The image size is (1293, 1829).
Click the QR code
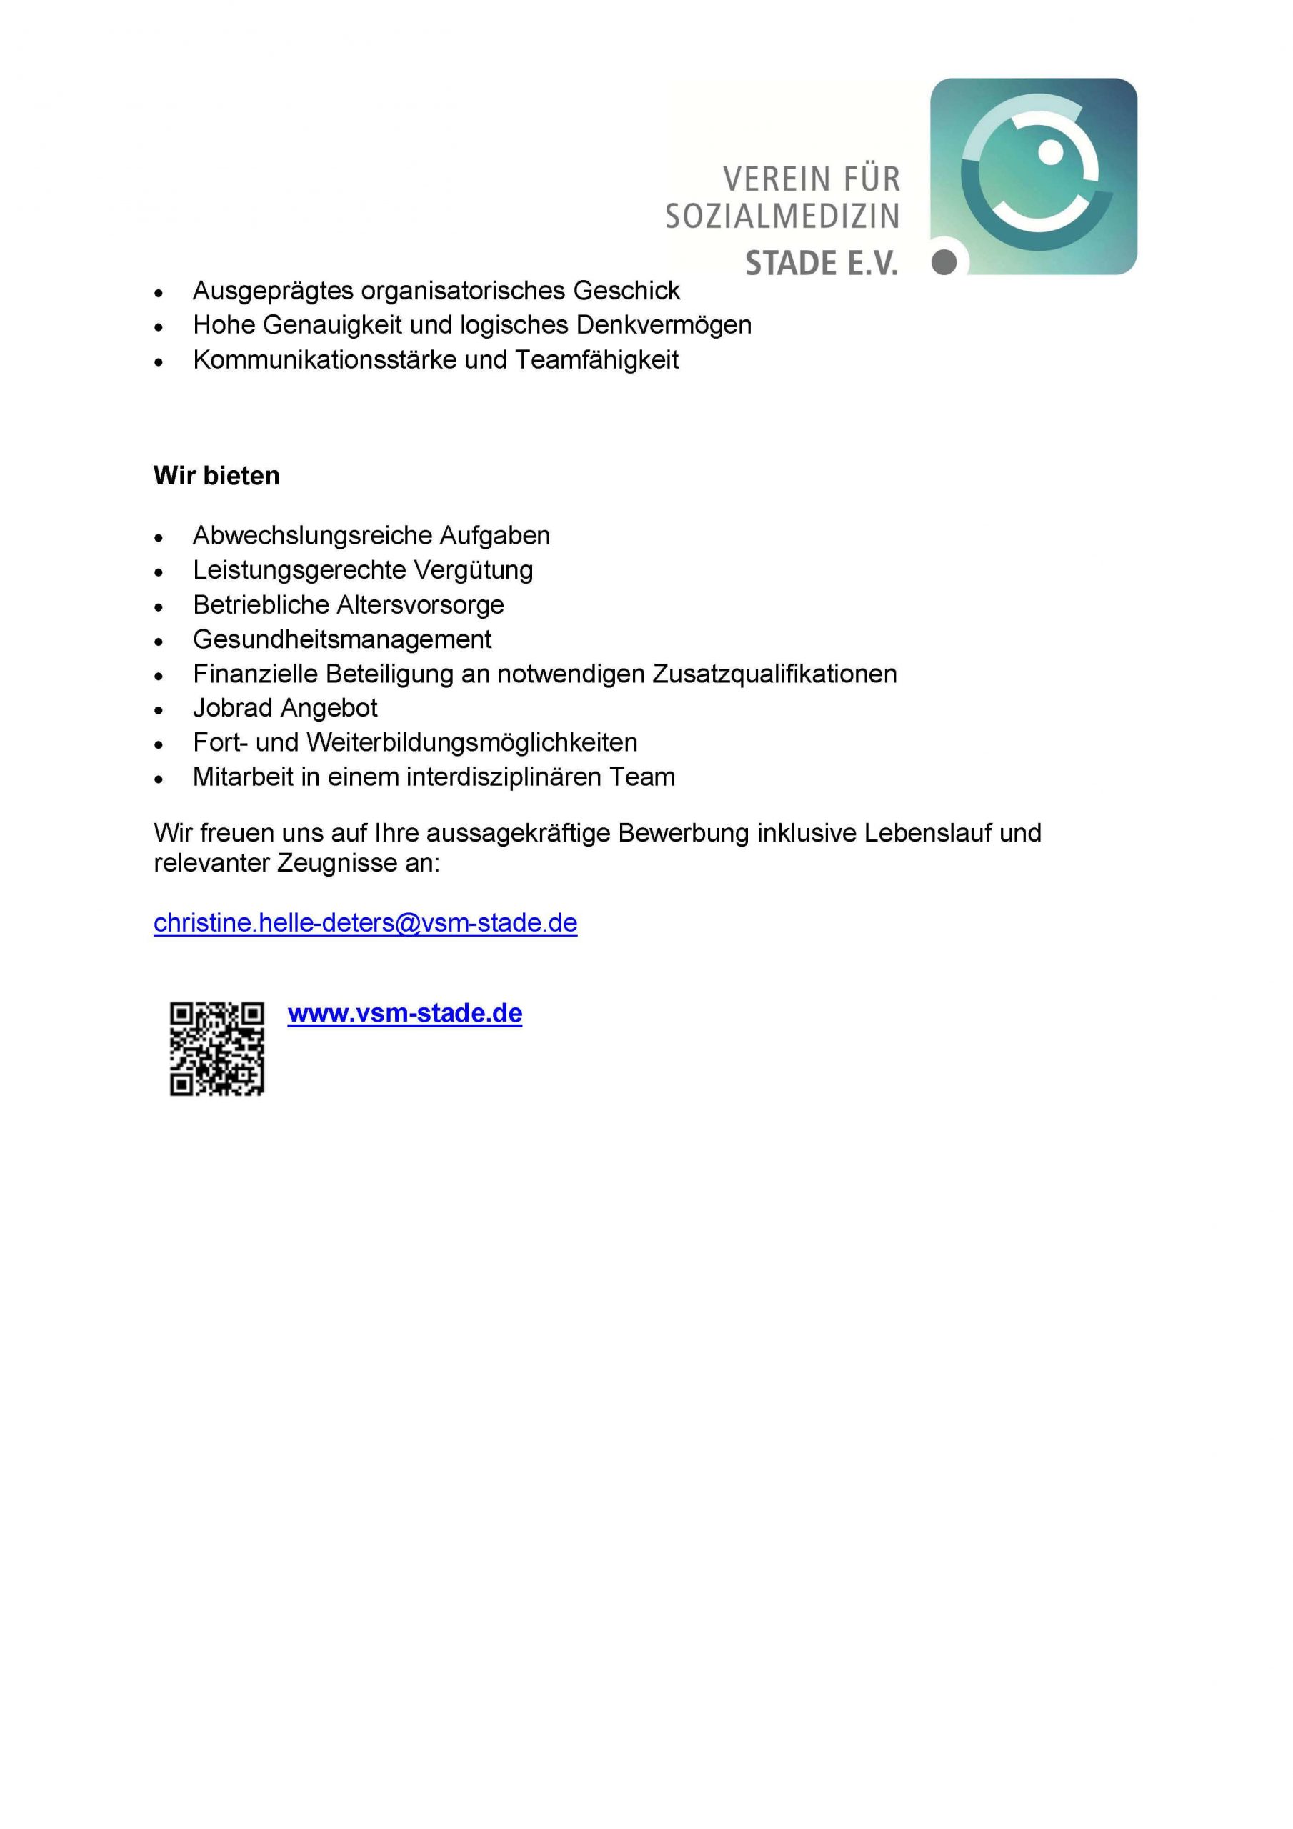216,1048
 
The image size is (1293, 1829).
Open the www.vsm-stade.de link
405,1013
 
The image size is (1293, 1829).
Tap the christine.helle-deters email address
365,922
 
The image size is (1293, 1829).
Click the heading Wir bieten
216,476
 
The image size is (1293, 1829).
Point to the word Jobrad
232,707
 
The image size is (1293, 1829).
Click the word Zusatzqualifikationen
774,674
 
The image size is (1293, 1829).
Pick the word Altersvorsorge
420,604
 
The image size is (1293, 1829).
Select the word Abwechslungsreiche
312,535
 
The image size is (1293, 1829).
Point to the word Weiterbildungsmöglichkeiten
471,742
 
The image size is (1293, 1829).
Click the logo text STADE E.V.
822,263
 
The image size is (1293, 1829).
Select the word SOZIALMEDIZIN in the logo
782,216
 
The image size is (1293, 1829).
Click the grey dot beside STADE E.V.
944,261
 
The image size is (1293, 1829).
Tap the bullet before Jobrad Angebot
159,709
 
